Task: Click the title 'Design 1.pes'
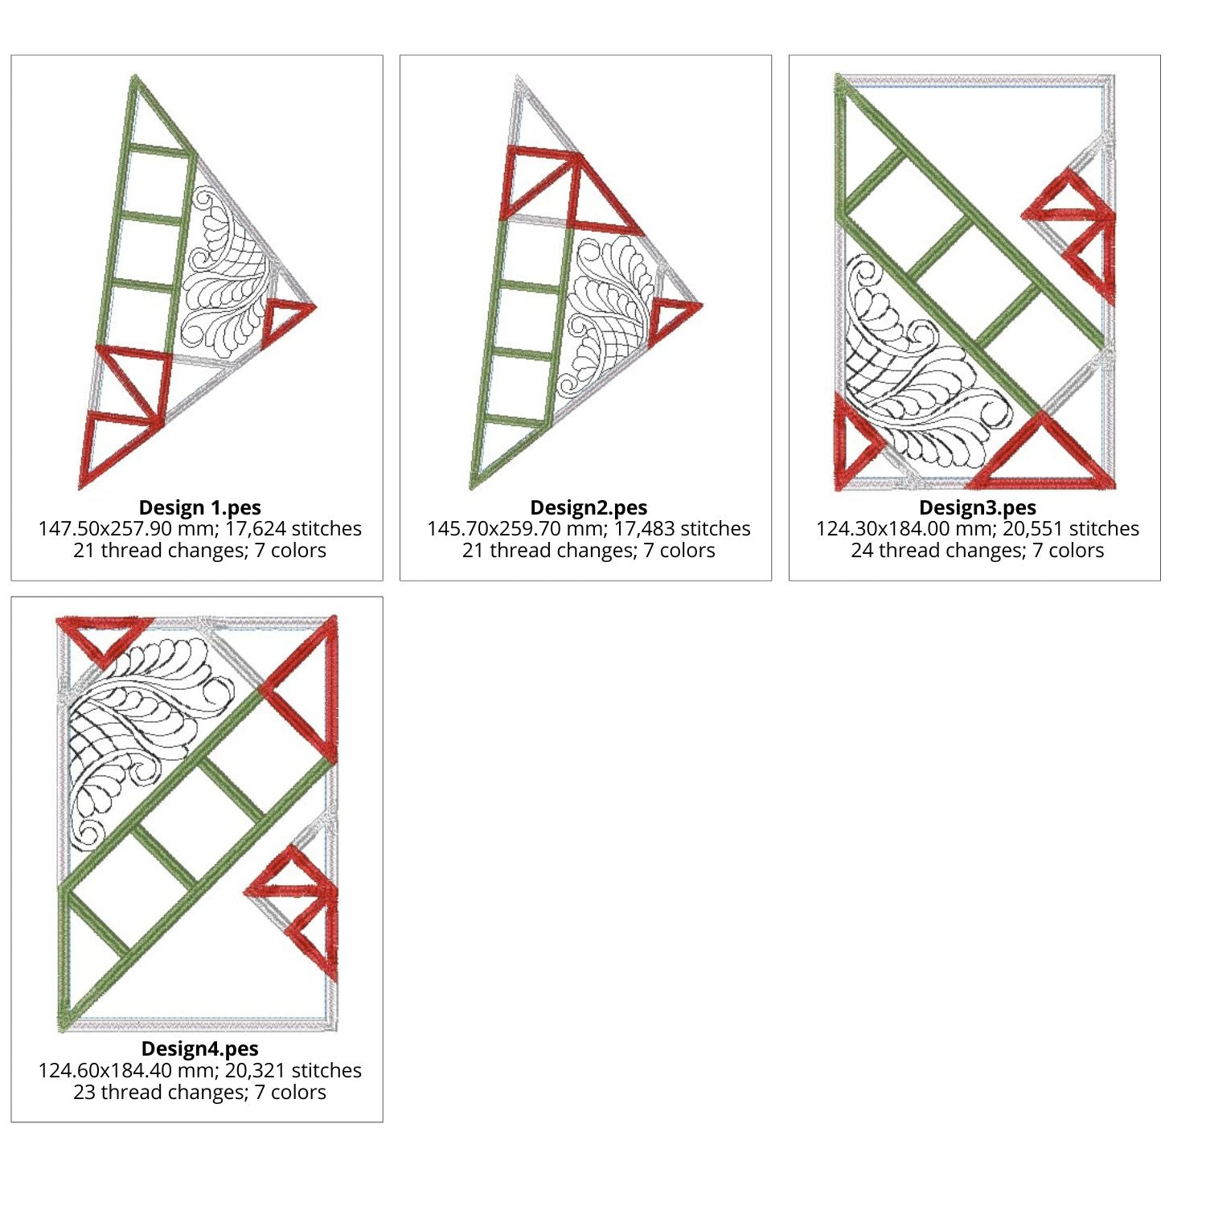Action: [199, 507]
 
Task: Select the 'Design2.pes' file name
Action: [589, 507]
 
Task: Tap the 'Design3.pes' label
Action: [978, 507]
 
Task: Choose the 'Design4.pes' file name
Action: [199, 1048]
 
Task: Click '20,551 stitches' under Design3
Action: [1071, 528]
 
